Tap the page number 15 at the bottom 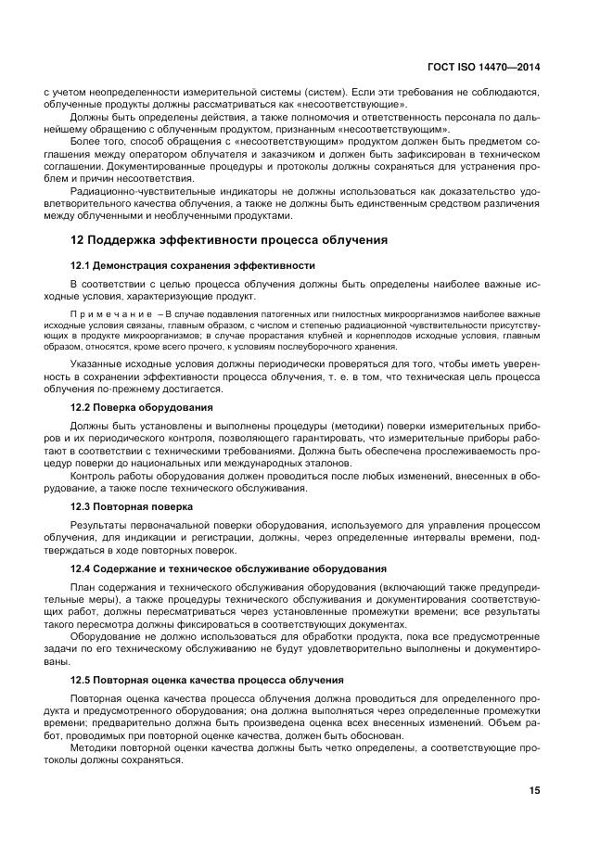pos(534,790)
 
